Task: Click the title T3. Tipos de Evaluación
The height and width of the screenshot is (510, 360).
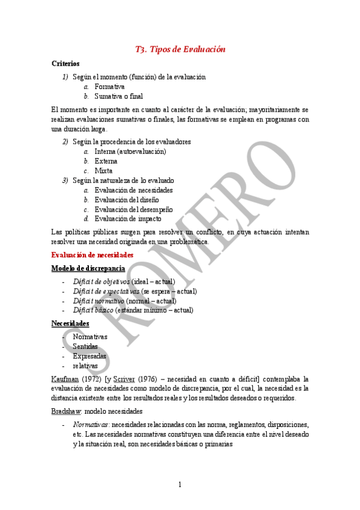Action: [180, 49]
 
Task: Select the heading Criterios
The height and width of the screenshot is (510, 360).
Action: [66, 63]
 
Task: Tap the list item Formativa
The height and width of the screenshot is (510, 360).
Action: [109, 87]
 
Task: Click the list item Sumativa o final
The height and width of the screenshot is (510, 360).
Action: [118, 96]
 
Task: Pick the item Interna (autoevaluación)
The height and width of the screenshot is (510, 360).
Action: [130, 152]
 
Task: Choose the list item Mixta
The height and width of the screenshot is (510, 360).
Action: [103, 171]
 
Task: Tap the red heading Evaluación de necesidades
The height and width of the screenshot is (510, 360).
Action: [93, 255]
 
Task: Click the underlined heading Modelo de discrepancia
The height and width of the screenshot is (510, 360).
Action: [88, 268]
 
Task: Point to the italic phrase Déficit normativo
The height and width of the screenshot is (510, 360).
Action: [99, 301]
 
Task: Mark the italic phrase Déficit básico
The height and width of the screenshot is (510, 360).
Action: [93, 310]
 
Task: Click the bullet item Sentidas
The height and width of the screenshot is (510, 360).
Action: [85, 346]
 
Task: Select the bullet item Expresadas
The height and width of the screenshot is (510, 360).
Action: [90, 356]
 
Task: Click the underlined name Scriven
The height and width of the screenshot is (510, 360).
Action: [124, 379]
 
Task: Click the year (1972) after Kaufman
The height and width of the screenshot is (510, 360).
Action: [91, 379]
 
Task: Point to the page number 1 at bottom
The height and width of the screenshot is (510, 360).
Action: [180, 484]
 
